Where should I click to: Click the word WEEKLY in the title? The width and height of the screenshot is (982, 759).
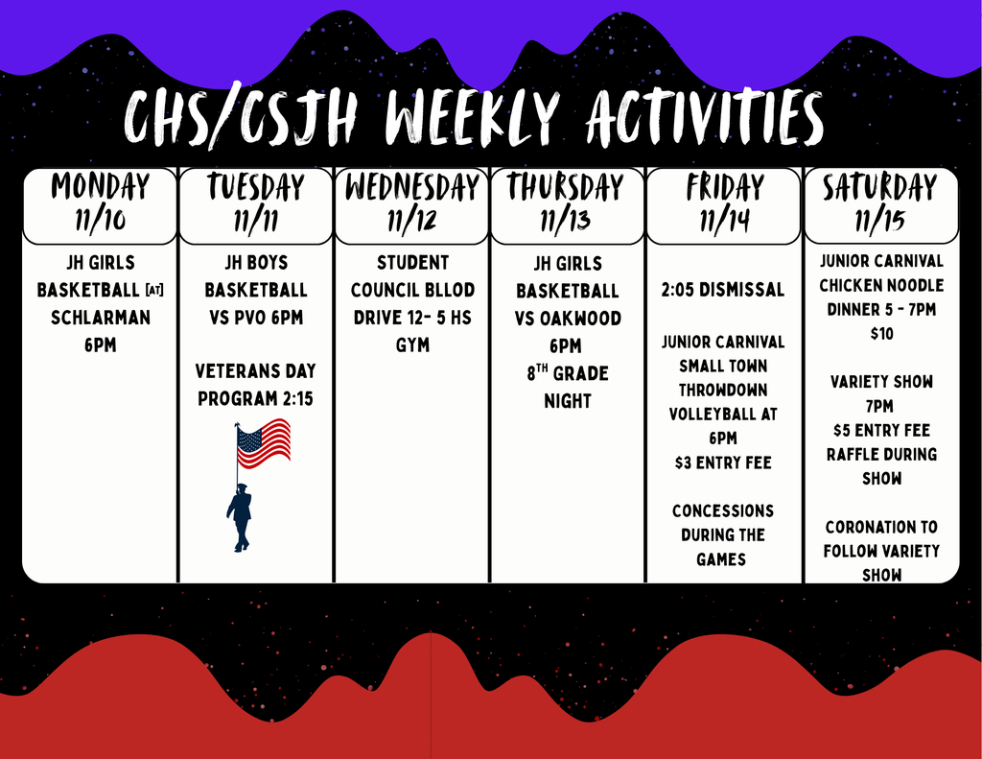point(471,122)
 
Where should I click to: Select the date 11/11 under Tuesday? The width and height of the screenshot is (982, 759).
point(256,222)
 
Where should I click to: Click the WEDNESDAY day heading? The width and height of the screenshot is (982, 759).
point(412,187)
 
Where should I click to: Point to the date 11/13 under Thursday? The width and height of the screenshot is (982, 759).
point(566,222)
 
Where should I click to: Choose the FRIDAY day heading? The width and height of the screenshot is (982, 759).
point(725,187)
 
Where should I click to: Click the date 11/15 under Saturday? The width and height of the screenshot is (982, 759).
point(880,222)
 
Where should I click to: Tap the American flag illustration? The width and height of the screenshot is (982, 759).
point(264,442)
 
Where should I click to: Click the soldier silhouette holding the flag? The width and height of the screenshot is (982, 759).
point(241,518)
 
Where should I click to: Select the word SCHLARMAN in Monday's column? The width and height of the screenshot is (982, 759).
point(100,317)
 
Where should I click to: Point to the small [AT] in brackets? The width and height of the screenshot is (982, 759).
point(154,290)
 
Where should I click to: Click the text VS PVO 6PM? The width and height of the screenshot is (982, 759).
point(256,317)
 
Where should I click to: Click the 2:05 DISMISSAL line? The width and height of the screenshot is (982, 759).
point(723,290)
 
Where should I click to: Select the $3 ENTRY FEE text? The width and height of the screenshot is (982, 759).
point(723,463)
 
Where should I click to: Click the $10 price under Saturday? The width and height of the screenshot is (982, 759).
point(880,333)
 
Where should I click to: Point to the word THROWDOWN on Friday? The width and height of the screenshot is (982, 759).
point(723,390)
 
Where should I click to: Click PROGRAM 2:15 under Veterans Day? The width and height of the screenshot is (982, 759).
point(256,398)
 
